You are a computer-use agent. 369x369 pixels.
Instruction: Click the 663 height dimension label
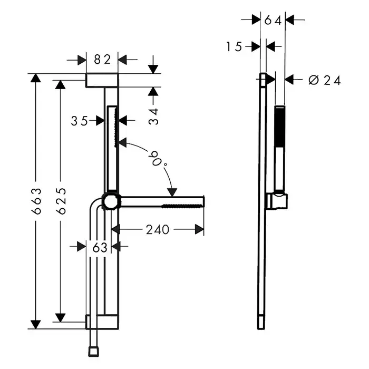37,201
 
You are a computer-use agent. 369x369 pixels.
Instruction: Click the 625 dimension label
61,201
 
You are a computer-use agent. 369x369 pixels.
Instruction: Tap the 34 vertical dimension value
153,116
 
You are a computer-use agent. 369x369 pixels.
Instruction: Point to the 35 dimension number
80,121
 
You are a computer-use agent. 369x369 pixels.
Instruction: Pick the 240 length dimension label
158,229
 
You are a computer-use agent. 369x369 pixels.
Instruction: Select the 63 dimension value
100,248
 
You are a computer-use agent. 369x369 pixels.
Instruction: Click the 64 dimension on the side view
273,20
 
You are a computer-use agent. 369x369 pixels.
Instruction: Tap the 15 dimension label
234,46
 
